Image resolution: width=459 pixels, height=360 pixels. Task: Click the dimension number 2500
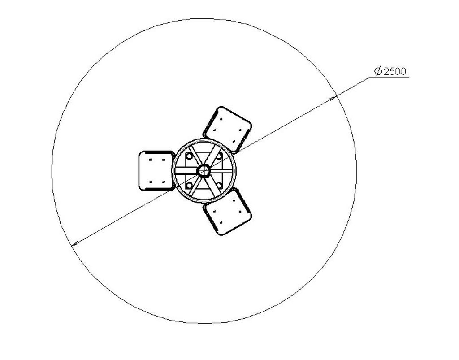coord(395,71)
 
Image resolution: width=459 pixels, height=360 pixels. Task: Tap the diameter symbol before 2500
coord(378,71)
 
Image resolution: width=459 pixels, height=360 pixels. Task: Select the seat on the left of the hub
coord(156,171)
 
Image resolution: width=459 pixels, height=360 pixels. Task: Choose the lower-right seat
coord(228,212)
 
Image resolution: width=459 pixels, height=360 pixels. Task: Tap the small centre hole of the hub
coord(204,171)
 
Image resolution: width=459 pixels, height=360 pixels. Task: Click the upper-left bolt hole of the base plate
coord(189,156)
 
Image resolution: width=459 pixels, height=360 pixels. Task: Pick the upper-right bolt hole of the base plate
coord(218,156)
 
